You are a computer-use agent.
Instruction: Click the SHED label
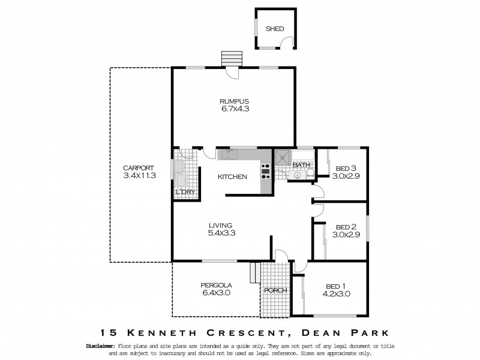point(275,29)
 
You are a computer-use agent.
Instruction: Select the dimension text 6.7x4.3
point(234,109)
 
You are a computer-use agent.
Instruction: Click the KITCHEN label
point(232,177)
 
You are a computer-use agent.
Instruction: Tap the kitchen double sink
point(228,155)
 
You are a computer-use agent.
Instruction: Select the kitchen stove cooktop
point(265,172)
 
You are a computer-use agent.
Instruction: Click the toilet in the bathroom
point(310,174)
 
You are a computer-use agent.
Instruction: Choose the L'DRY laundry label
point(185,192)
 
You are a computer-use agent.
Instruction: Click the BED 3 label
point(346,168)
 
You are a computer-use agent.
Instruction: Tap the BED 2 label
point(346,227)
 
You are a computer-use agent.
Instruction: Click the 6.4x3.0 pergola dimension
point(216,293)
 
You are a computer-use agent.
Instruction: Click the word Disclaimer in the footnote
point(100,346)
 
